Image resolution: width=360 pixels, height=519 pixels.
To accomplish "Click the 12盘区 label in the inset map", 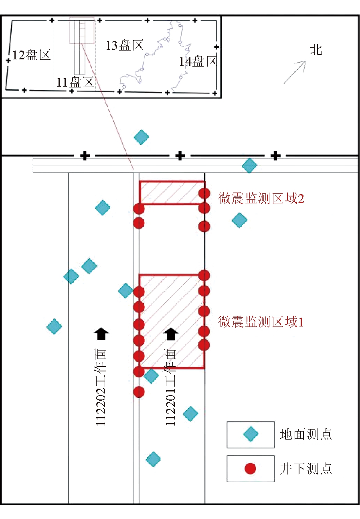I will [32, 55].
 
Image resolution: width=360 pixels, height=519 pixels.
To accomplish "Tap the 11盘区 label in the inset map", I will [75, 83].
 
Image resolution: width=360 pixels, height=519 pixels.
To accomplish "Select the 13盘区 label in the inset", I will [124, 45].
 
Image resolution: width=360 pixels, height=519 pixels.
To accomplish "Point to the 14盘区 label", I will [198, 61].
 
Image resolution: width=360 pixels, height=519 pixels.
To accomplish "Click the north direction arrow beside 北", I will [295, 72].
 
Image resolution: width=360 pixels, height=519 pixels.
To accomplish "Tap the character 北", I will [316, 50].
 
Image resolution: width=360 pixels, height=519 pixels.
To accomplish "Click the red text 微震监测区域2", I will [261, 198].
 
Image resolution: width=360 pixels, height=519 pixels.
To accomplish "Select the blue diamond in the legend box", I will [251, 434].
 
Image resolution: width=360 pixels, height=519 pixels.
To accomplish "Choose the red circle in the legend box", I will [251, 468].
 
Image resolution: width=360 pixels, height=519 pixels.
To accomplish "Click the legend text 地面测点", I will [306, 434].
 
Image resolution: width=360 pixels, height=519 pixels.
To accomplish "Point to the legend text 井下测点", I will [306, 468].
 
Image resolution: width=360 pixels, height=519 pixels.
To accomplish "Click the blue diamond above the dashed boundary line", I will [141, 137].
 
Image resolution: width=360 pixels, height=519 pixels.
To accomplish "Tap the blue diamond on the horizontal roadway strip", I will [249, 165].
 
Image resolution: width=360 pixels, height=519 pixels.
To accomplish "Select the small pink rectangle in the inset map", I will [82, 30].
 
